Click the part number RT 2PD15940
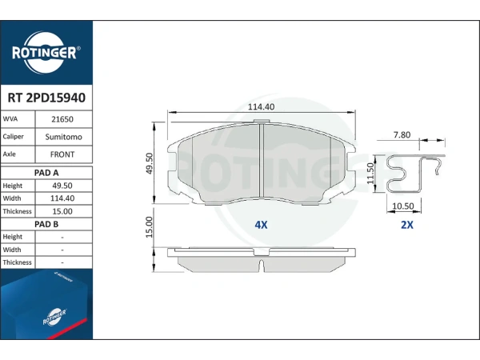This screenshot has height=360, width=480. point(46,98)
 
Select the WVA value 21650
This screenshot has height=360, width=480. point(62,119)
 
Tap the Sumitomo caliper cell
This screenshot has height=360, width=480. point(64,137)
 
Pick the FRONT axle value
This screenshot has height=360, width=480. point(62,154)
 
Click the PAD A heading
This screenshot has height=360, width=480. point(46,173)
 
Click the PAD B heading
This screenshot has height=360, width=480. point(46,224)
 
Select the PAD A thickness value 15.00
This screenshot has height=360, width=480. point(62,211)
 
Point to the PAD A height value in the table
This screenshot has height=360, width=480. point(62,186)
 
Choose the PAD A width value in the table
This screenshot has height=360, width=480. point(62,198)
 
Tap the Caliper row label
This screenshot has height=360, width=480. point(13,137)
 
